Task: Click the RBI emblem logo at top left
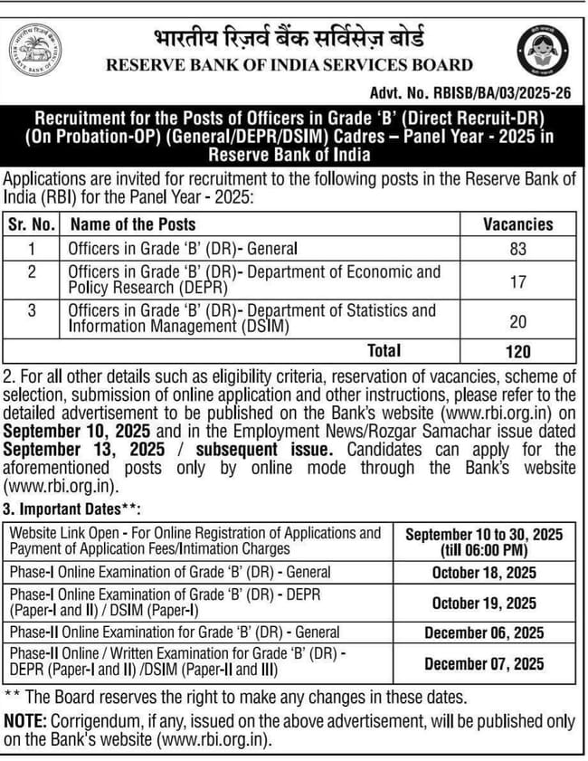point(36,51)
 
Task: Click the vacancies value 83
point(517,248)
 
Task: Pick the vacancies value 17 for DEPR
point(517,282)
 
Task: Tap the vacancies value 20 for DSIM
point(517,320)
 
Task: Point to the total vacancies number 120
point(517,351)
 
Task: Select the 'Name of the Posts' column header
point(133,224)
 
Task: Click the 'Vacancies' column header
point(517,224)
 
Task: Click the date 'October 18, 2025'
point(483,573)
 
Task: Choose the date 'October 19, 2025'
point(483,603)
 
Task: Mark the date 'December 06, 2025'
point(483,633)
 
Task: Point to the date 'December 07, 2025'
point(483,664)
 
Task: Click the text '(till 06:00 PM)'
point(483,550)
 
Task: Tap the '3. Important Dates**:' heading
point(72,511)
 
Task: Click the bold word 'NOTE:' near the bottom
point(25,721)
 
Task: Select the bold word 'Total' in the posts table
point(384,350)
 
